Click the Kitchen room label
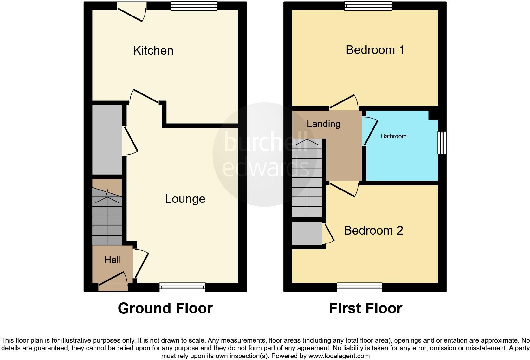(153, 51)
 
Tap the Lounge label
(185, 199)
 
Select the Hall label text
(113, 260)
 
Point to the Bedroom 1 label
(375, 50)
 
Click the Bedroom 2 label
(373, 230)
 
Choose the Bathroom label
(393, 136)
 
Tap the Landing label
(323, 124)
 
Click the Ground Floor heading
(165, 308)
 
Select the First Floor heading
(365, 308)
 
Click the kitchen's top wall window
(194, 6)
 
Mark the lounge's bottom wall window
(182, 287)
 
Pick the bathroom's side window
(442, 143)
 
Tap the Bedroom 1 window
(368, 6)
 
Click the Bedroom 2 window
(359, 287)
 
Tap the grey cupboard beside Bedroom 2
(307, 234)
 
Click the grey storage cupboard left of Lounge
(107, 140)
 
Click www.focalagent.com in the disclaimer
(339, 356)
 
